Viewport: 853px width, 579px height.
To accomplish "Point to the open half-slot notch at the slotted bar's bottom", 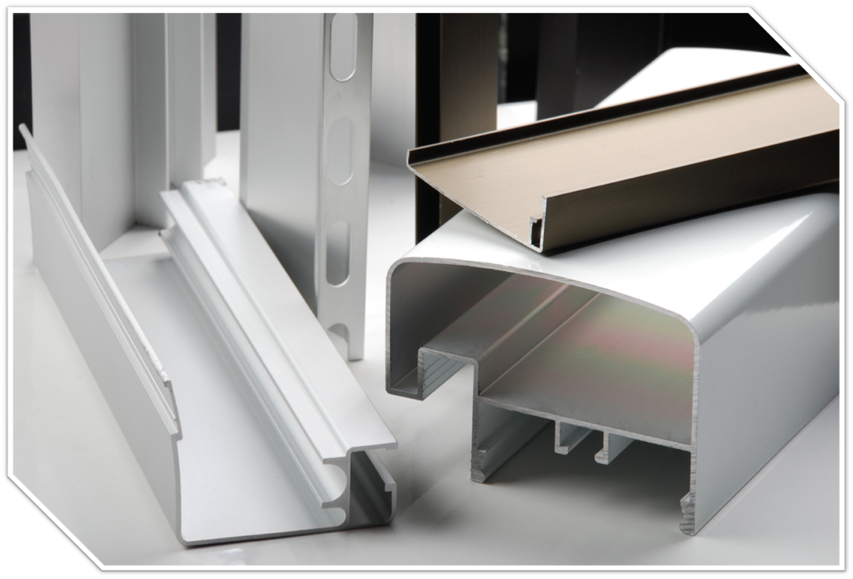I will click(x=339, y=331).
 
